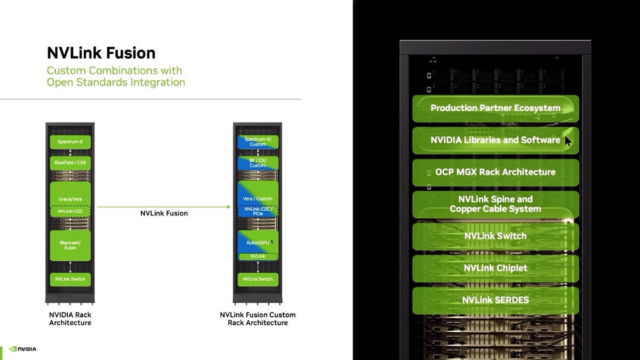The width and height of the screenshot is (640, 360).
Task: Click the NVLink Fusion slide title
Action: (101, 53)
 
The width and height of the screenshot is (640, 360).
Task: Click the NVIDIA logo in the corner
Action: (23, 349)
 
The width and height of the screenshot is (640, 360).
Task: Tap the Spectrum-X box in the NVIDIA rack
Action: (70, 142)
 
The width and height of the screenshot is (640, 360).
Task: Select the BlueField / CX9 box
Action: (70, 163)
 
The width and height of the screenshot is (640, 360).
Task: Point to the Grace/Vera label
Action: (70, 199)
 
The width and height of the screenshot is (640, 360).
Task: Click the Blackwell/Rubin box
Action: (70, 245)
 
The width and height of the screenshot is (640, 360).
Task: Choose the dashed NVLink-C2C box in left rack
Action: (70, 211)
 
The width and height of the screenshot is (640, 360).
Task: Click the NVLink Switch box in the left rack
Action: (70, 279)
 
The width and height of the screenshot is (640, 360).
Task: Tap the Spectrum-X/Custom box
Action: (258, 142)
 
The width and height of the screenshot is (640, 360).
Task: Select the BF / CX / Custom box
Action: (258, 163)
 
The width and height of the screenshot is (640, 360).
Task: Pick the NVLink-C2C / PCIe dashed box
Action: (258, 211)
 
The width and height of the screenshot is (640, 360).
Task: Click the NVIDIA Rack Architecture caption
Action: (70, 318)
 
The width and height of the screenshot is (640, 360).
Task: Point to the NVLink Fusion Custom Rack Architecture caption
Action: (258, 318)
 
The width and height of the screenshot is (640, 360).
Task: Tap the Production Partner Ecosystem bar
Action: (495, 108)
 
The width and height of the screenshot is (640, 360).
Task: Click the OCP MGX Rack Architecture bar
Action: (495, 172)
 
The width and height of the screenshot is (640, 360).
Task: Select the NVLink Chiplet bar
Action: (495, 268)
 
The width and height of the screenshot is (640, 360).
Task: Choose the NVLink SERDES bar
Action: (495, 300)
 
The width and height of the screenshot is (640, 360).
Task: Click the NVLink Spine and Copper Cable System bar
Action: (495, 204)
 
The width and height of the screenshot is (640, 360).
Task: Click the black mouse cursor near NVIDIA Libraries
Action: (568, 141)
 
